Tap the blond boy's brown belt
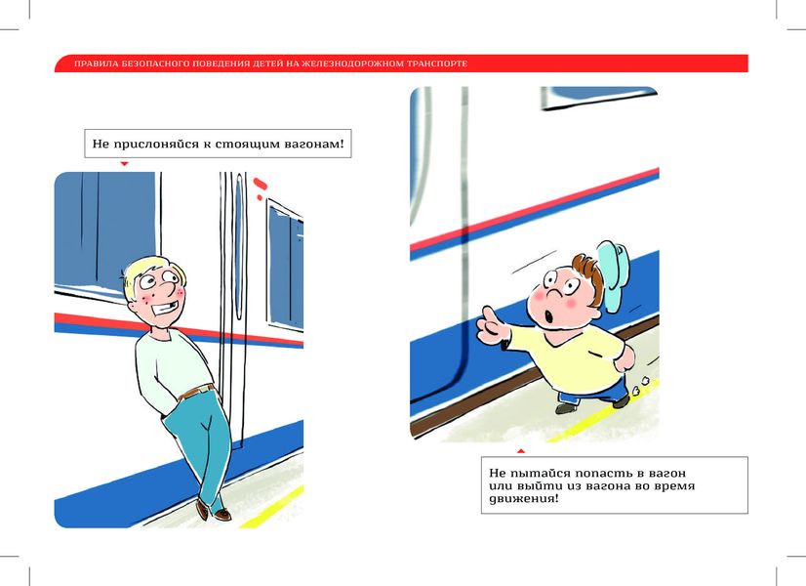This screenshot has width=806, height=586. tap(196, 392)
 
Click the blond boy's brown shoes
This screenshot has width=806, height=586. tap(214, 510)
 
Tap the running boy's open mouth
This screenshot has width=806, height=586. tap(549, 315)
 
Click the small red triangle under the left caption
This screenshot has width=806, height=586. tap(124, 164)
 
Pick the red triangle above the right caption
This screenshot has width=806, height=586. tap(521, 451)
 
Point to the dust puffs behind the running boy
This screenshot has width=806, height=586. tap(639, 387)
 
